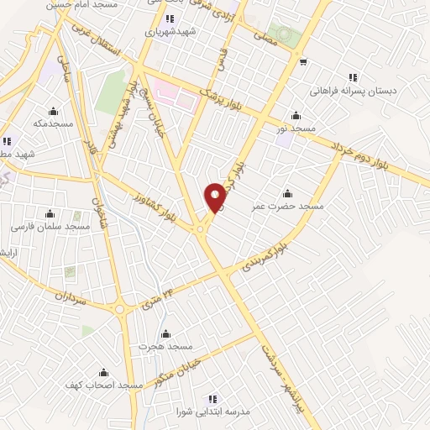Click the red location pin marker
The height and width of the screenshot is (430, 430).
point(216,197)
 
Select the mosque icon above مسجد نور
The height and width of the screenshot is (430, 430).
point(296,116)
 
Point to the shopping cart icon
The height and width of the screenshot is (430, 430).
point(302,60)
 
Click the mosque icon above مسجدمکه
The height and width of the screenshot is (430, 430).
point(54,111)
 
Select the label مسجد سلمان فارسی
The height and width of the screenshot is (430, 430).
point(49,227)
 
